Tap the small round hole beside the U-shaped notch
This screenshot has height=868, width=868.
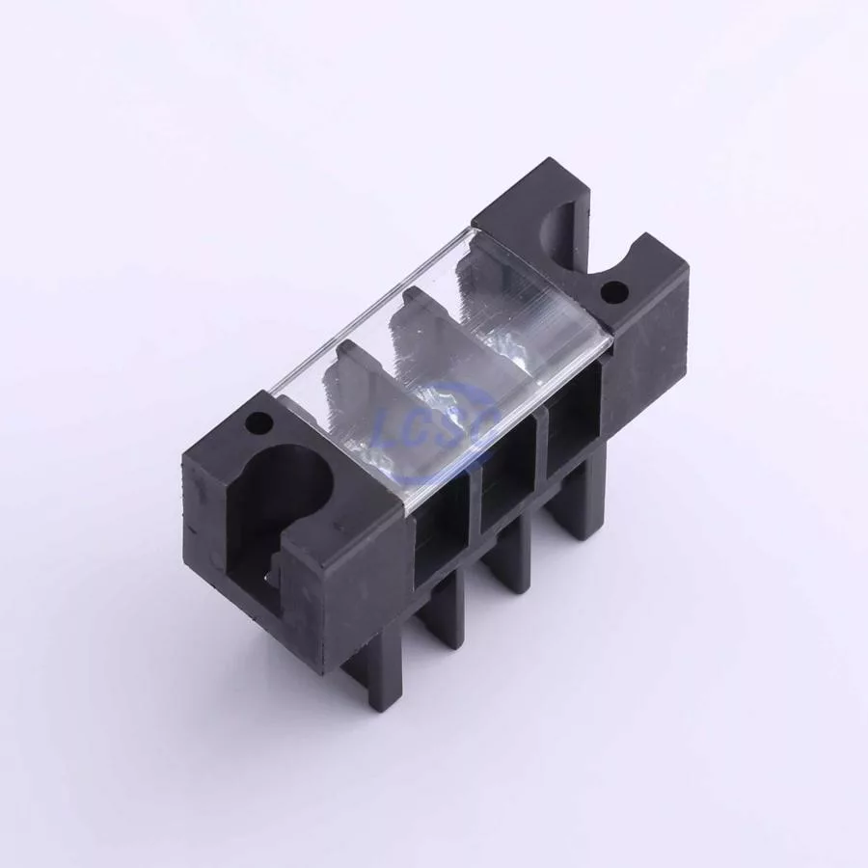pyautogui.click(x=612, y=290)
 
